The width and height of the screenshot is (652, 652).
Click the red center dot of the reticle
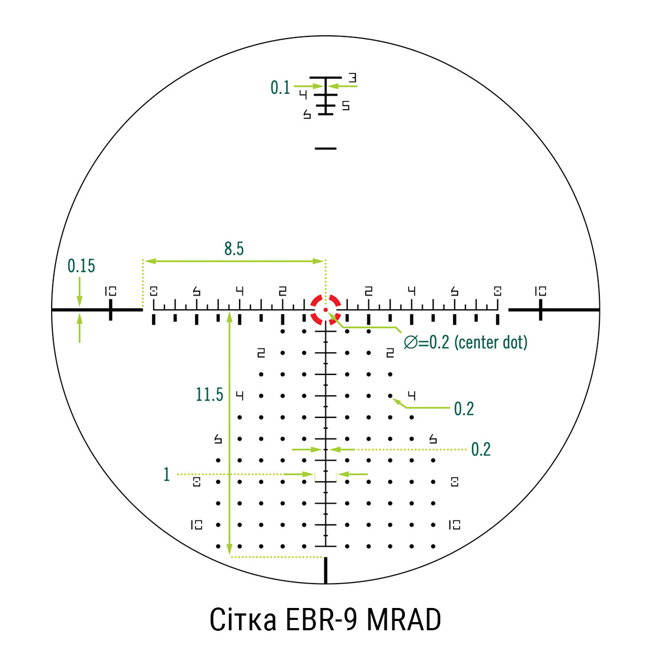[325, 310]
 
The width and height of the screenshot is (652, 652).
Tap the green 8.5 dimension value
[234, 249]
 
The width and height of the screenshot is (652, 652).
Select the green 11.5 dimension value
[209, 394]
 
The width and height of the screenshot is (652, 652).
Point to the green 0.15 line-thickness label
[81, 266]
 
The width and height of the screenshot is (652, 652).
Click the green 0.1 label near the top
[280, 87]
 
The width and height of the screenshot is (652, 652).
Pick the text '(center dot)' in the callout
[491, 342]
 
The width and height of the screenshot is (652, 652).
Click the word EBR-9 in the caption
[321, 620]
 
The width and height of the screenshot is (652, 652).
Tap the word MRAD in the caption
[404, 620]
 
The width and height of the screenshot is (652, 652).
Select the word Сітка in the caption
[242, 620]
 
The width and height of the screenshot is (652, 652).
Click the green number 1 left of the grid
[166, 474]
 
